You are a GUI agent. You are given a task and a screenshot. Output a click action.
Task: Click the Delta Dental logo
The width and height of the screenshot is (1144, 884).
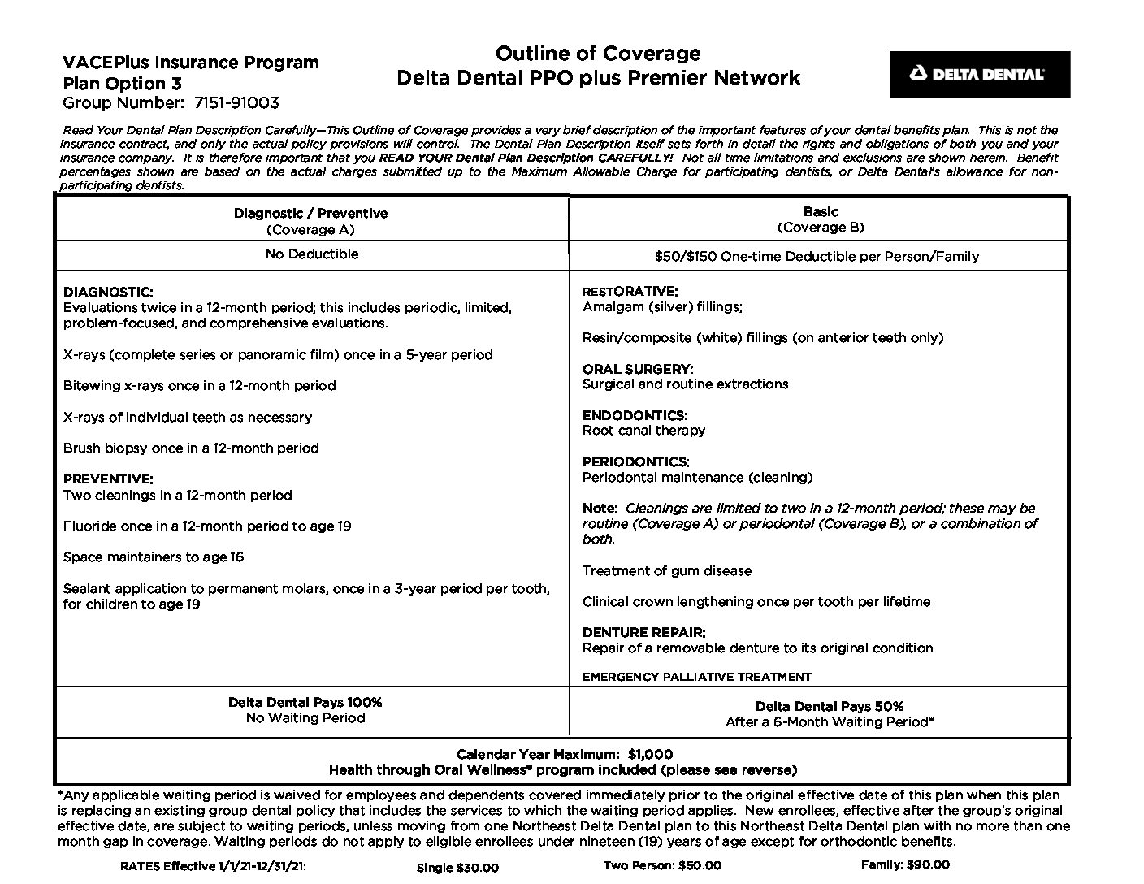979,74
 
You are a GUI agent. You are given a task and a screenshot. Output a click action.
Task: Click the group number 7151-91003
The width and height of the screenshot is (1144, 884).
236,103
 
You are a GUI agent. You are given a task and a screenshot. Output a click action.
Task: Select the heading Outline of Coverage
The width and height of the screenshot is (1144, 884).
598,54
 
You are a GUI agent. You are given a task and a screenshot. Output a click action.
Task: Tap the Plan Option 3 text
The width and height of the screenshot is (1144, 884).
122,84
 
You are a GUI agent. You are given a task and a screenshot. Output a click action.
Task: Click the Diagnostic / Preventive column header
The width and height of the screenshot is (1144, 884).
311,214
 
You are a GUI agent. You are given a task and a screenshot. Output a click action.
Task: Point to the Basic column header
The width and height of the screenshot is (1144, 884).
821,212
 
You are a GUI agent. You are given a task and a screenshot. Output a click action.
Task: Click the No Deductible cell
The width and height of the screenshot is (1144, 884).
311,254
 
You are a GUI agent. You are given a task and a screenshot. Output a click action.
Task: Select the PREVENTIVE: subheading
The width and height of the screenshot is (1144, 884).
108,479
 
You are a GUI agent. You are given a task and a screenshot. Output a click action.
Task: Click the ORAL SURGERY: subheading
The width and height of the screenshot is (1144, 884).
638,369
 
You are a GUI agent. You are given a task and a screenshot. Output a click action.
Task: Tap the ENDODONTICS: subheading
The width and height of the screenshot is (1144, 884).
635,415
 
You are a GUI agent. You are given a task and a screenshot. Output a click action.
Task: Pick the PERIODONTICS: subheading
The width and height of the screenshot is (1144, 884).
636,461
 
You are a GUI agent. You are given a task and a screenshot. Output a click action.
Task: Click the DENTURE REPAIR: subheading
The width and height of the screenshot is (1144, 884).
643,632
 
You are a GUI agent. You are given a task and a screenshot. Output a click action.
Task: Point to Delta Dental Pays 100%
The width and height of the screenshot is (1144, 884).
305,702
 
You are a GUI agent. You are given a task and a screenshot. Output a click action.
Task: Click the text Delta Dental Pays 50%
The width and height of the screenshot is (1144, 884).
829,706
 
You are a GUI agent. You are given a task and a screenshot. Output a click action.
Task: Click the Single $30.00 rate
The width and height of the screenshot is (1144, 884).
457,868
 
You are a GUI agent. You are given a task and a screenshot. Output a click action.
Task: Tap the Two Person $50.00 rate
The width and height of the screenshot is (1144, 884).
662,865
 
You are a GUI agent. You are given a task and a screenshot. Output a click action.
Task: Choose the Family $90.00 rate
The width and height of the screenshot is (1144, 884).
905,864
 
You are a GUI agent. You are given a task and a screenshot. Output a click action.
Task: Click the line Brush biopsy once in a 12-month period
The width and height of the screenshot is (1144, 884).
191,448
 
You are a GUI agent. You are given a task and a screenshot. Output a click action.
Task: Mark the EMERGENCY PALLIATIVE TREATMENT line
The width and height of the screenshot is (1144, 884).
696,677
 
